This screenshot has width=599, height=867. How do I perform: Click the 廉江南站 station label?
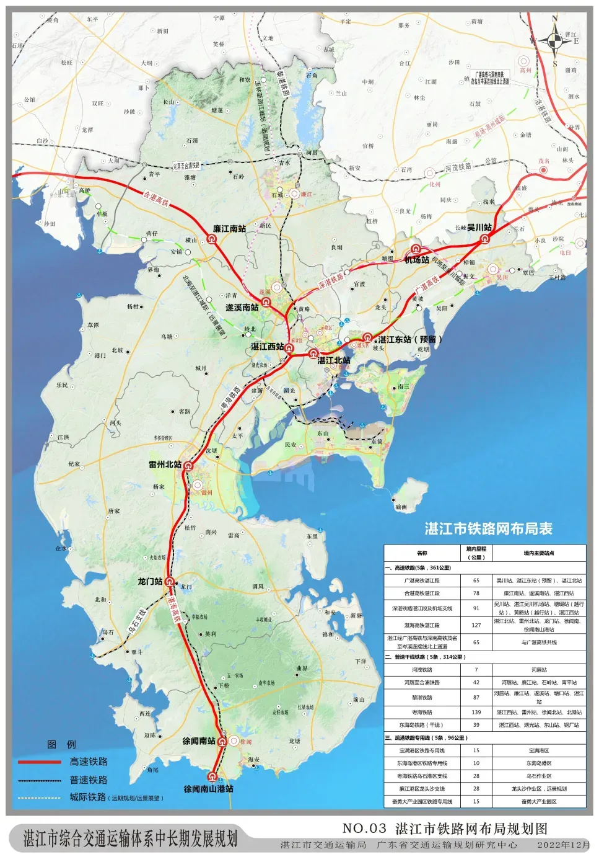point(229,229)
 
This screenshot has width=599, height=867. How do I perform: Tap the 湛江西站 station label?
point(268,347)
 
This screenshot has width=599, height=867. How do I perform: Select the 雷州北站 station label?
point(165,464)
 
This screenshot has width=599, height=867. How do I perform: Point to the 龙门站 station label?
point(150,581)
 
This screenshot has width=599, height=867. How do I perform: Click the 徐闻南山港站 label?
point(209,789)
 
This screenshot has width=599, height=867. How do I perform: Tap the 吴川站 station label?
point(479,228)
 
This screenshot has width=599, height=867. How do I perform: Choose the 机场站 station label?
point(417,260)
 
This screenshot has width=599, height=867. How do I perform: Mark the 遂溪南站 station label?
point(242,307)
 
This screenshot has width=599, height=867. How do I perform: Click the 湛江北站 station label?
point(334,360)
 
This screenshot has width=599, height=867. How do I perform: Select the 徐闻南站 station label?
point(199,741)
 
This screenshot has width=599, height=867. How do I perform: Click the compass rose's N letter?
point(554,19)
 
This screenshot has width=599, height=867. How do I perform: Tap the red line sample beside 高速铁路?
point(40,762)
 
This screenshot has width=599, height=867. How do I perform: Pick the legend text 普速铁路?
point(89,780)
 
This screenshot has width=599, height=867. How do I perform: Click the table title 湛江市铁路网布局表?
point(488,528)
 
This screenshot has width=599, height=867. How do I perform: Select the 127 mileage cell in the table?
point(476,625)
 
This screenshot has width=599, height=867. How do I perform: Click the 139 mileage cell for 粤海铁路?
point(476,713)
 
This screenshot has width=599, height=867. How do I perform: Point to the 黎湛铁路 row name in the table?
point(422,698)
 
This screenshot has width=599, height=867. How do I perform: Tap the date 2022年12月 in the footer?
point(564,845)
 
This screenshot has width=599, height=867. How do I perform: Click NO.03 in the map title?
point(364,828)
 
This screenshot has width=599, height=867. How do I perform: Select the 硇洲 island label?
point(401,507)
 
